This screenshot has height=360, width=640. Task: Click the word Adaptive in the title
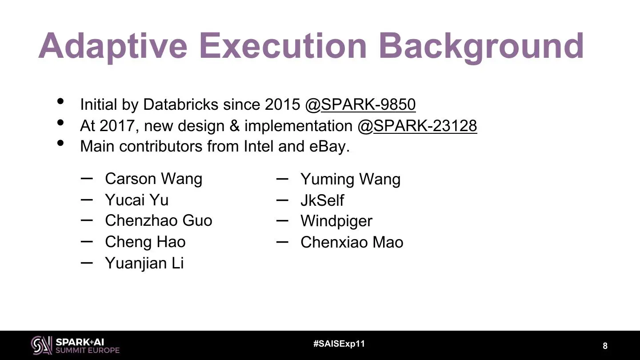pyautogui.click(x=113, y=47)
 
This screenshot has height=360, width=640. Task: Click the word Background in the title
pyautogui.click(x=481, y=47)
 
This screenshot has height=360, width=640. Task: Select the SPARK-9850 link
pyautogui.click(x=368, y=104)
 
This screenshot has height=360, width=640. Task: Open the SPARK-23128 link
pyautogui.click(x=425, y=126)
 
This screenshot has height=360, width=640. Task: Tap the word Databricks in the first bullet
pyautogui.click(x=180, y=104)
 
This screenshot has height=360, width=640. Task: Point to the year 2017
pyautogui.click(x=116, y=126)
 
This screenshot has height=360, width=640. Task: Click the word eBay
pyautogui.click(x=329, y=146)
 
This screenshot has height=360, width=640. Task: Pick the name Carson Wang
pyautogui.click(x=154, y=179)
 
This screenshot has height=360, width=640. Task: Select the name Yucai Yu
pyautogui.click(x=137, y=200)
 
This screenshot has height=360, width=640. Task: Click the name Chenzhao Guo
pyautogui.click(x=159, y=220)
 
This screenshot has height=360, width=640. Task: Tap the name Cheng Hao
pyautogui.click(x=145, y=242)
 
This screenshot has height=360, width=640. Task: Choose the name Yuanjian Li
pyautogui.click(x=144, y=263)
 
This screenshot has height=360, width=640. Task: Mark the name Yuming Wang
pyautogui.click(x=351, y=180)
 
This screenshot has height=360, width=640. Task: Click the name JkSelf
pyautogui.click(x=322, y=200)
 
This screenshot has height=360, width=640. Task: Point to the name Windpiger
pyautogui.click(x=336, y=221)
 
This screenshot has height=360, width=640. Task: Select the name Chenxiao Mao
pyautogui.click(x=352, y=242)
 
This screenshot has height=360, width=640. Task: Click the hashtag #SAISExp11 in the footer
pyautogui.click(x=339, y=344)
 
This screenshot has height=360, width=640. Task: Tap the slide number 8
pyautogui.click(x=605, y=346)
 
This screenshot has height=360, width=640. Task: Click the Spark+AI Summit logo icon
pyautogui.click(x=41, y=345)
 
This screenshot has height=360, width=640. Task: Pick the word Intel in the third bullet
pyautogui.click(x=259, y=146)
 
